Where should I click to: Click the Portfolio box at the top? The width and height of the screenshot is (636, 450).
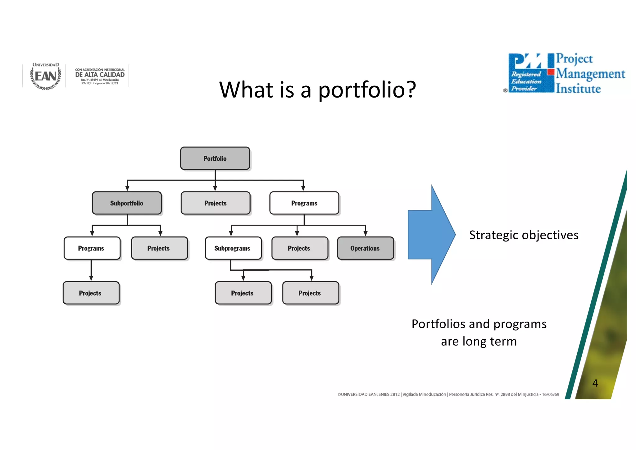215,158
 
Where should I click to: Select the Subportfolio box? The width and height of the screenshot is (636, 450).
127,203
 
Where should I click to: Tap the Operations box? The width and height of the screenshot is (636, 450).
365,248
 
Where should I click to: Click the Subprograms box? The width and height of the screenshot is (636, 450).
233,248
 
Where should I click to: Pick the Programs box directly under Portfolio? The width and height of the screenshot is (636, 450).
304,203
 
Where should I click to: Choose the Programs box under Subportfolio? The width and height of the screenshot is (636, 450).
92,248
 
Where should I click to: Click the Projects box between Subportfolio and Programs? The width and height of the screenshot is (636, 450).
215,203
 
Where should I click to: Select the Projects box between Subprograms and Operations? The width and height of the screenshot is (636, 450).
299,248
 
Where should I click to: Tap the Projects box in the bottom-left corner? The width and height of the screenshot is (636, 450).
91,293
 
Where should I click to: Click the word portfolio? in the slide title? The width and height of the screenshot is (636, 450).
367,90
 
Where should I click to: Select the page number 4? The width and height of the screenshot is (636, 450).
595,383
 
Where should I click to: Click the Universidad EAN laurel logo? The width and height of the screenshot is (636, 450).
46,76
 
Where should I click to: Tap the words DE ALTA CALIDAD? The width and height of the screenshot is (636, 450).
100,75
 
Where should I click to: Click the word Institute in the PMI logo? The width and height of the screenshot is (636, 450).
578,89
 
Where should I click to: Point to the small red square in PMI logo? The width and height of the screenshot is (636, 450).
551,72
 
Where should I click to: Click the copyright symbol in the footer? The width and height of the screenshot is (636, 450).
339,394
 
